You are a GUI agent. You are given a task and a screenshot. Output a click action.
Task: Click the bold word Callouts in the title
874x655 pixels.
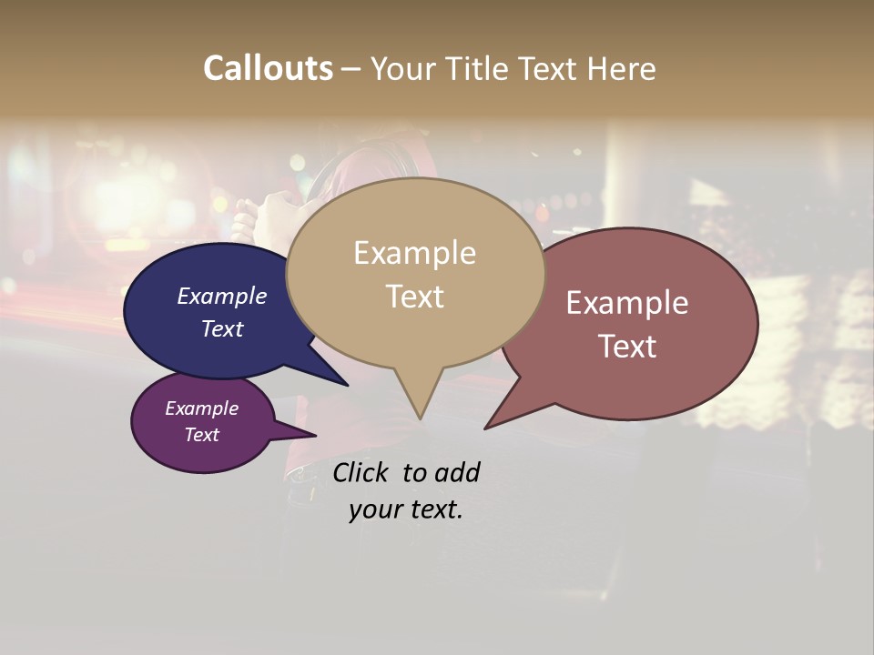point(268,68)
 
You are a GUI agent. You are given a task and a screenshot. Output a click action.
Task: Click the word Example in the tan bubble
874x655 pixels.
point(414,253)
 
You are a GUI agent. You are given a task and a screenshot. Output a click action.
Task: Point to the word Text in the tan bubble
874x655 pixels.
point(414,297)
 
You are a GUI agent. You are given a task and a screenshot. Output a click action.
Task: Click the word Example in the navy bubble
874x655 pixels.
point(221,296)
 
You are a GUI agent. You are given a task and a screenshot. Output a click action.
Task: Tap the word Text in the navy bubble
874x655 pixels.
point(221,328)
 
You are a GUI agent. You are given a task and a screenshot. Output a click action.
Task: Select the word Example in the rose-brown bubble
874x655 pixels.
point(626,303)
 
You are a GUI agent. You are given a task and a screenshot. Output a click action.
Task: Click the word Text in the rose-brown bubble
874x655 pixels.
point(626,347)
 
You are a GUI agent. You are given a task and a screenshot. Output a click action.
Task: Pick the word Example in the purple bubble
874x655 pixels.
point(201,408)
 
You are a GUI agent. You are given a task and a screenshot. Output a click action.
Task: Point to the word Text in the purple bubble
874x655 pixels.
point(201,435)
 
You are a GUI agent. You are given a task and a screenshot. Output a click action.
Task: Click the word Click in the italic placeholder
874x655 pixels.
point(361,472)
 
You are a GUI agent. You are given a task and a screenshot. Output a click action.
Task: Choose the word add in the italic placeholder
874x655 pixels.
point(456,472)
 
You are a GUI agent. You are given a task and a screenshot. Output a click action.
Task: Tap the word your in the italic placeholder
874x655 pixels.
point(373,509)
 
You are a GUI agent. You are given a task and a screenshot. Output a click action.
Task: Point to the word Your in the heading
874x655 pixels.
point(401,68)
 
